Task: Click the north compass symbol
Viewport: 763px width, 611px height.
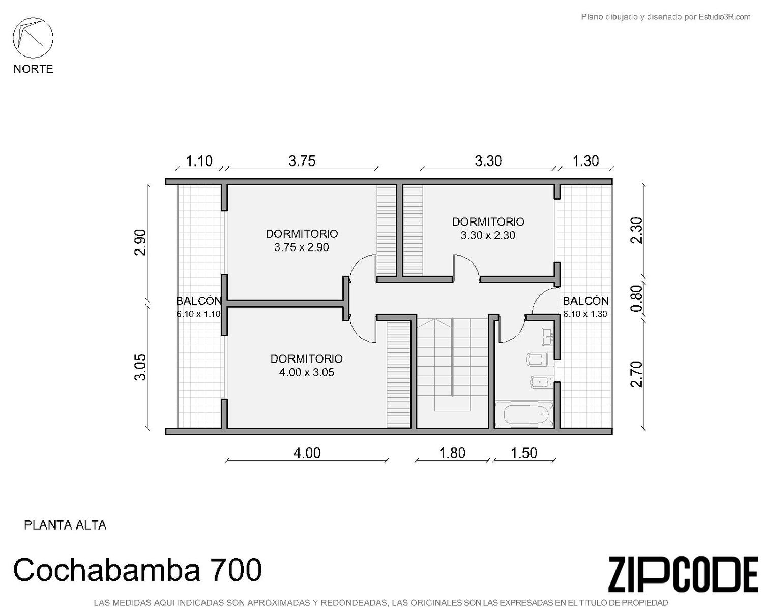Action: (33, 38)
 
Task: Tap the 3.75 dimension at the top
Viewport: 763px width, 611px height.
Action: (302, 161)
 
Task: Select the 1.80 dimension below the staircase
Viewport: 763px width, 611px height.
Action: (452, 453)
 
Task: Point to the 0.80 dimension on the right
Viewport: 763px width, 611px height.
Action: (637, 298)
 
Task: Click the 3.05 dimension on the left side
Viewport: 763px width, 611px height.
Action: (140, 367)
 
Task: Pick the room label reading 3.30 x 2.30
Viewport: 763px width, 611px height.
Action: (488, 235)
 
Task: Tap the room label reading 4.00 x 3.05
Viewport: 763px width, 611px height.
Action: (306, 372)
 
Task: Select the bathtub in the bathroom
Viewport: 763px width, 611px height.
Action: (524, 414)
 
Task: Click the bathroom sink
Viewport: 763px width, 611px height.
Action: (548, 337)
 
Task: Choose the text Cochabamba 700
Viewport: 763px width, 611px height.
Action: (137, 570)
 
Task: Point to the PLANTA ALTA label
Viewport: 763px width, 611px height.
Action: (65, 525)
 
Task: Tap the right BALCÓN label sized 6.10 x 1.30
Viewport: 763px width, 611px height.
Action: (585, 307)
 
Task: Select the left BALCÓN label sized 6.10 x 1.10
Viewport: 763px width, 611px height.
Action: (198, 307)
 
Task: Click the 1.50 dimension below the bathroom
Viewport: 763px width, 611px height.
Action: (524, 453)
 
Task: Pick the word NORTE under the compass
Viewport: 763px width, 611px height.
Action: (34, 69)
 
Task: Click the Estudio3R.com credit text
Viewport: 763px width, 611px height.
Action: (665, 17)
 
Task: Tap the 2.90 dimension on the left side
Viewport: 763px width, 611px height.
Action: (140, 242)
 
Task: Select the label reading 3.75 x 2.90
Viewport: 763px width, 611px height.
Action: (301, 247)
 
